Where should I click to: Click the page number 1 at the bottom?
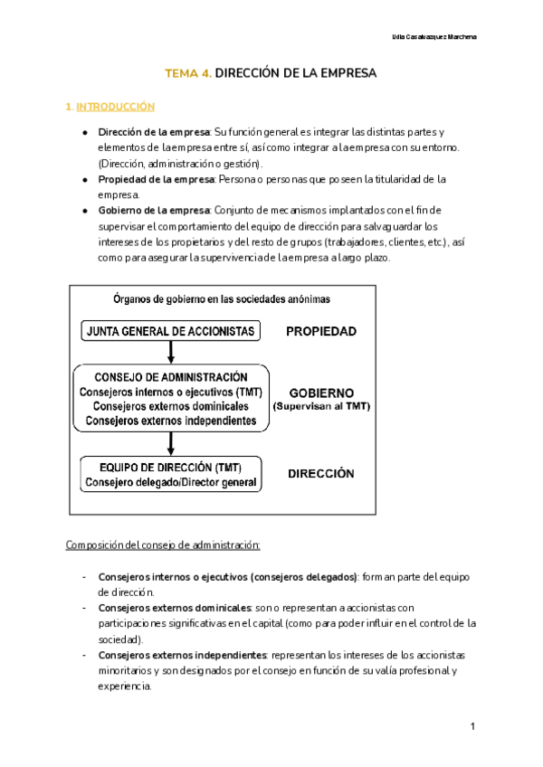[x=473, y=727]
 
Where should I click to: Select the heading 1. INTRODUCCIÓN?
[x=110, y=107]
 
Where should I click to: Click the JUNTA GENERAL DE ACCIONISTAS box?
[x=170, y=331]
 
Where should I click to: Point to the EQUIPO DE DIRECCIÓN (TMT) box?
[x=170, y=474]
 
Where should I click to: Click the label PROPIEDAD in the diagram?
[x=321, y=331]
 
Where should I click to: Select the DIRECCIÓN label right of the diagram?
[x=320, y=474]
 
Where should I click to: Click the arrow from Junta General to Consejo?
[x=170, y=352]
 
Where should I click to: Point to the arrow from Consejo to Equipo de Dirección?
[x=170, y=442]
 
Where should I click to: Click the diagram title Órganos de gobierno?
[x=221, y=298]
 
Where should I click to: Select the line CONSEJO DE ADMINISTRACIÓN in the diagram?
[x=170, y=376]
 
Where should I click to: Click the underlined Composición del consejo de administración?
[x=163, y=544]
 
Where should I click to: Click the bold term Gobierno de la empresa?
[x=153, y=211]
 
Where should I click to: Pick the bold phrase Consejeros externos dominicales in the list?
[x=175, y=608]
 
